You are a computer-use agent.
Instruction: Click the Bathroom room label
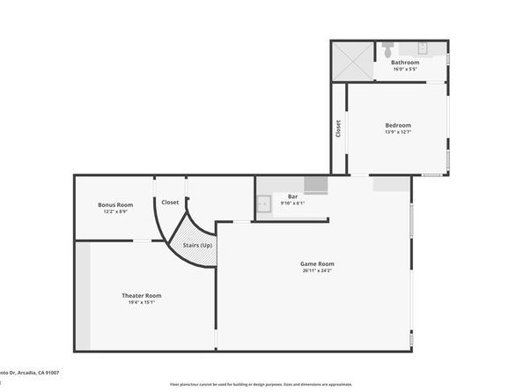(x=405, y=63)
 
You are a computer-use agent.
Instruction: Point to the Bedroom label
(x=398, y=125)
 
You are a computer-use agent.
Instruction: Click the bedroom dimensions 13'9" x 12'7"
(x=398, y=133)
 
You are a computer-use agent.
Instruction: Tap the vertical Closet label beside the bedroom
(x=338, y=129)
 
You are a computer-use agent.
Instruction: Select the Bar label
(x=292, y=196)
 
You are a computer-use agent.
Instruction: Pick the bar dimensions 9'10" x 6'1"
(x=292, y=203)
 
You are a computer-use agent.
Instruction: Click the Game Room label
(x=318, y=263)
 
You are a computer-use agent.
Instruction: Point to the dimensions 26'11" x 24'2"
(x=318, y=271)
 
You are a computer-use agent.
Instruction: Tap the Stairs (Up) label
(x=196, y=245)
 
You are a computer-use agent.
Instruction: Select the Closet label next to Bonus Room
(x=170, y=203)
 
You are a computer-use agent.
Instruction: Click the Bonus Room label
(x=115, y=204)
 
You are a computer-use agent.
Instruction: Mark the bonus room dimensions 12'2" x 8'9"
(x=115, y=212)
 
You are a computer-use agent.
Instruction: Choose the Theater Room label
(x=141, y=295)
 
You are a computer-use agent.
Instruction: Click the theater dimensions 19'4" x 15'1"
(x=141, y=303)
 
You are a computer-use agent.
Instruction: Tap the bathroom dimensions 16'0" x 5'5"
(x=405, y=70)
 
